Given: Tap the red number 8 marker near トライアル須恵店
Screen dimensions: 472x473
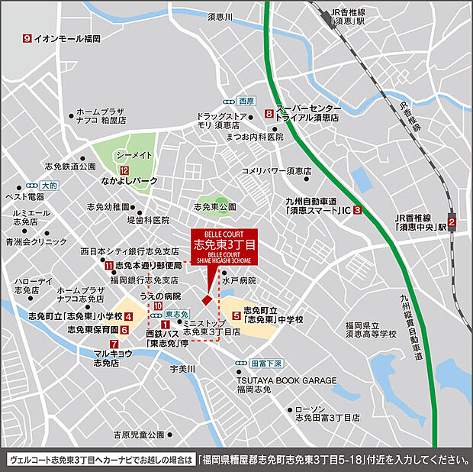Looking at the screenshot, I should coord(269,114).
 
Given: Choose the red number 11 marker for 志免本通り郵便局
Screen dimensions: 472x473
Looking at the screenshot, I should coord(109,265).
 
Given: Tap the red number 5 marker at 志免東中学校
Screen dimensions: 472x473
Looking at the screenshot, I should coord(236,314).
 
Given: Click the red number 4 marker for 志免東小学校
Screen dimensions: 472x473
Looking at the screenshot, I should coord(129,316).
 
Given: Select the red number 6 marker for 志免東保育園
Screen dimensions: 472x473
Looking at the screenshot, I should coord(124,330).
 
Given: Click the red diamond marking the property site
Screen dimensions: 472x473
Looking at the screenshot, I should coord(206,298).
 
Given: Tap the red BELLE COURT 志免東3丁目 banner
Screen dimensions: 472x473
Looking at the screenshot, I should coord(224,247).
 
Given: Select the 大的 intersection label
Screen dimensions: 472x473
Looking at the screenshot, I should coord(49,185).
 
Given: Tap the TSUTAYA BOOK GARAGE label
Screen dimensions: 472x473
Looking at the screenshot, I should coord(286,380).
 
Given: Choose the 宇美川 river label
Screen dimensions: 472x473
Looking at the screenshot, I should coord(182,370).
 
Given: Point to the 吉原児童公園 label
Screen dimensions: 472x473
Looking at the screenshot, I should coord(134,435).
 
